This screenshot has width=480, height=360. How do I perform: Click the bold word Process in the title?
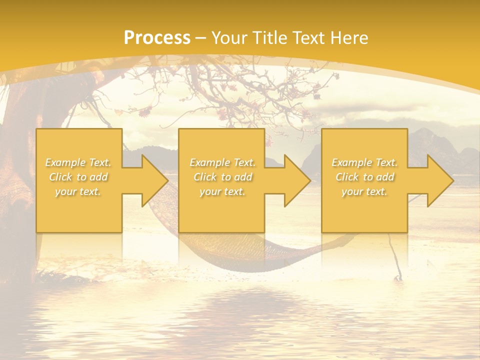pyautogui.click(x=157, y=38)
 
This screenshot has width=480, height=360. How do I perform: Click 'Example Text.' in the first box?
pyautogui.click(x=78, y=162)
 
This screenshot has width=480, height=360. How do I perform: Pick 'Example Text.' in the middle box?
pyautogui.click(x=222, y=162)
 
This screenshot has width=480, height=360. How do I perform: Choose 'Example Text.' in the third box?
pyautogui.click(x=364, y=162)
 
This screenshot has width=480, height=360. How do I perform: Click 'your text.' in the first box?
pyautogui.click(x=78, y=191)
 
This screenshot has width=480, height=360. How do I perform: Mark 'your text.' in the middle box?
pyautogui.click(x=222, y=191)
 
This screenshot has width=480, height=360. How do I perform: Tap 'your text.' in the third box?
pyautogui.click(x=364, y=191)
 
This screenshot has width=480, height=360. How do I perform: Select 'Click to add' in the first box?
pyautogui.click(x=78, y=177)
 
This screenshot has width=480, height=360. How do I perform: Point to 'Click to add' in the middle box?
pyautogui.click(x=222, y=177)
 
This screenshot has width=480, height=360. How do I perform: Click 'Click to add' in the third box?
pyautogui.click(x=364, y=177)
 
